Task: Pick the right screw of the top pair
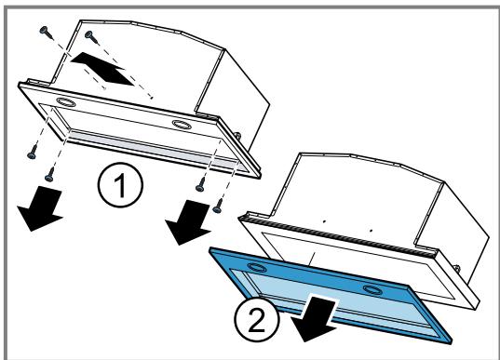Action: point(90,36)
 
